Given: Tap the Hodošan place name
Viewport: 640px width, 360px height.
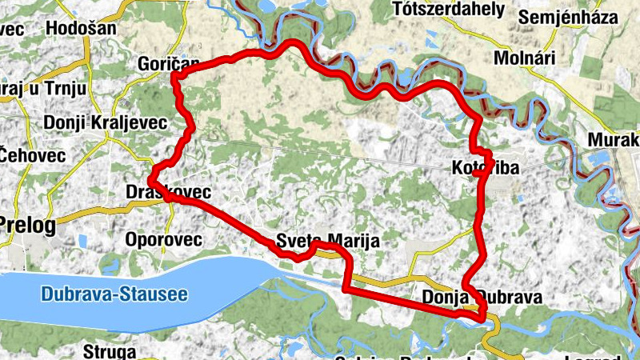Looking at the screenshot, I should [x=82, y=28].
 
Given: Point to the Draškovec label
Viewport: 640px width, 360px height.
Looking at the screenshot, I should [x=168, y=192].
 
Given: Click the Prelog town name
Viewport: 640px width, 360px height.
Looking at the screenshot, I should [x=28, y=226].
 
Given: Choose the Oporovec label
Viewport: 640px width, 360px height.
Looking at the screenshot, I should [x=164, y=239].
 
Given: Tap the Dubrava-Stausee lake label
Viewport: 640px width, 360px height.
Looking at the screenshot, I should [x=114, y=294].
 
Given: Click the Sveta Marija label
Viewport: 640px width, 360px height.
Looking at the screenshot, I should [x=325, y=241].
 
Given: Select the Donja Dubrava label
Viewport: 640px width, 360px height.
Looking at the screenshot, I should [x=482, y=298].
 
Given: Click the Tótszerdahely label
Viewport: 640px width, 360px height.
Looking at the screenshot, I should [x=450, y=10].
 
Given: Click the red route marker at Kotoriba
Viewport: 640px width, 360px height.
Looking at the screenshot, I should [x=477, y=171].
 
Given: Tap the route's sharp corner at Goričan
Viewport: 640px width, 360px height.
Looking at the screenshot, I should [x=174, y=76].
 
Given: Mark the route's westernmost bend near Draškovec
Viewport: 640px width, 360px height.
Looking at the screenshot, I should [x=150, y=181].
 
